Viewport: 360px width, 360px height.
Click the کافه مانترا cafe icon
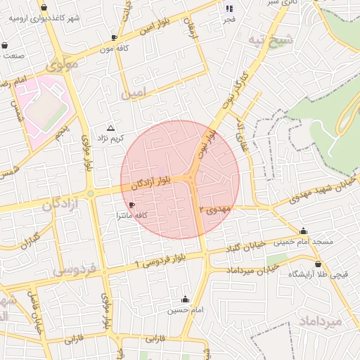(131, 205)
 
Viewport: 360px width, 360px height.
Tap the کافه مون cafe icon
(114, 37)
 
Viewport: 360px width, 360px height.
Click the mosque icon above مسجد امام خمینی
(303, 231)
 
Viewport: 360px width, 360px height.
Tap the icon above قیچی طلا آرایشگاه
(319, 264)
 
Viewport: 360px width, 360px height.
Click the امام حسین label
(186, 309)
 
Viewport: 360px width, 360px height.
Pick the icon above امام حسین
(186, 299)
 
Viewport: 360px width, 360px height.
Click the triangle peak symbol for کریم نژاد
(110, 128)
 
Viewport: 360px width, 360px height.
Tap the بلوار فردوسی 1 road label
(160, 262)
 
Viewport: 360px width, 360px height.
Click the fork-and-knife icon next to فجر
(229, 8)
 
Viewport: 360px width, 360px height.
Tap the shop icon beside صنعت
(6, 45)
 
